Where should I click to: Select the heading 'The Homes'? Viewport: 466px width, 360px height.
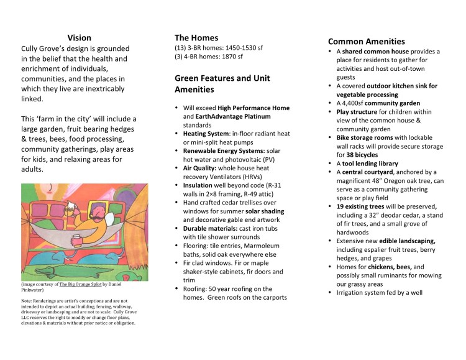click(x=196, y=37)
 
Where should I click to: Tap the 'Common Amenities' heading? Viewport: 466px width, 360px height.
click(x=367, y=42)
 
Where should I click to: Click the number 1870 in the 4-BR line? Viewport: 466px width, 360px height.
click(x=226, y=57)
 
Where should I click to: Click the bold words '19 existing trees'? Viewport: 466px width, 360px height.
click(x=368, y=206)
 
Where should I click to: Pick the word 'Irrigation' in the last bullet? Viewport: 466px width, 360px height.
click(x=354, y=292)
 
